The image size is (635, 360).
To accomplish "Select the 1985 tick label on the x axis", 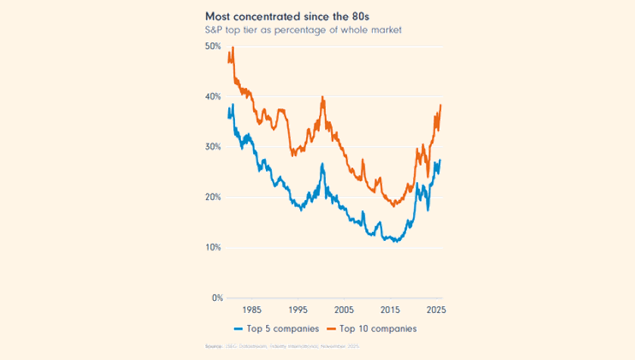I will [x=253, y=310].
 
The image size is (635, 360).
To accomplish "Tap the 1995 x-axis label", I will [x=299, y=310].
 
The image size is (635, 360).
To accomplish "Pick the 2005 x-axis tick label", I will [x=345, y=310].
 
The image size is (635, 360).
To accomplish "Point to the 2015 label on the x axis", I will [x=391, y=310].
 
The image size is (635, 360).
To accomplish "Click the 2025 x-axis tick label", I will [x=436, y=310].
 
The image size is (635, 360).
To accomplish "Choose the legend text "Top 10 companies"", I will [x=377, y=329].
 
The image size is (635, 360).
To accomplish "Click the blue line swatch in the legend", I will [x=237, y=329].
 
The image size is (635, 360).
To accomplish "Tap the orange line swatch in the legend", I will [x=330, y=329].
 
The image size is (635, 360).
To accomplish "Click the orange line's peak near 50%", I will [x=233, y=48].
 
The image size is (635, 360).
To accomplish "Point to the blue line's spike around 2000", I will [x=323, y=164].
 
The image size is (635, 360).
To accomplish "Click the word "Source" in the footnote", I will [x=214, y=346].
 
